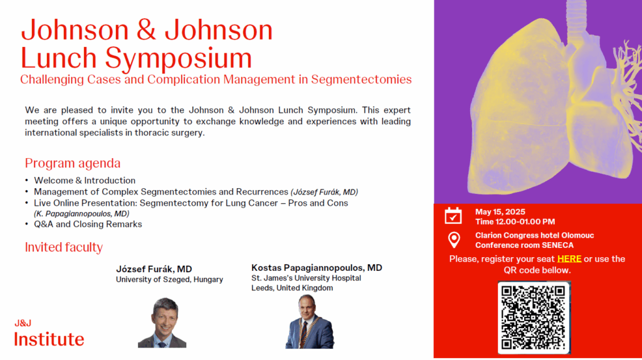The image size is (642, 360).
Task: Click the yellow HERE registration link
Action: (x=569, y=259)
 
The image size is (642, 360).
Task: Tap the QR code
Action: (x=534, y=317)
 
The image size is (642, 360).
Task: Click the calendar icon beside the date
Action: (x=453, y=216)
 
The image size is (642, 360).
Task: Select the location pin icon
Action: (x=454, y=240)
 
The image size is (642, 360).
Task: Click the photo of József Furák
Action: (x=162, y=323)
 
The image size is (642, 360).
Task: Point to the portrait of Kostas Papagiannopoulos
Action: (x=310, y=322)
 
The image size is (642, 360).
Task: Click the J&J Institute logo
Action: (x=49, y=333)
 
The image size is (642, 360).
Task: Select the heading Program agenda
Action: (x=73, y=163)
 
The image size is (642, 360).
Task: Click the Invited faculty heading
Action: (x=64, y=247)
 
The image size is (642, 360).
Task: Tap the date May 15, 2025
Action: (x=500, y=212)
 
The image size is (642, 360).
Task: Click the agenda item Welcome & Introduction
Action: (x=85, y=181)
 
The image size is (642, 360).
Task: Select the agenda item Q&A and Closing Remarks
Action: (x=88, y=225)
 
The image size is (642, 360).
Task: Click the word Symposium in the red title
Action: (x=178, y=58)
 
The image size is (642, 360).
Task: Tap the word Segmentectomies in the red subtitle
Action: (x=361, y=80)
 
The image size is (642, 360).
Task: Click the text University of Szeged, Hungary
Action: (x=169, y=280)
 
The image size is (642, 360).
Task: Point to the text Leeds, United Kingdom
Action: (x=292, y=288)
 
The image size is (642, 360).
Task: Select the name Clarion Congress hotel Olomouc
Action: (x=535, y=235)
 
